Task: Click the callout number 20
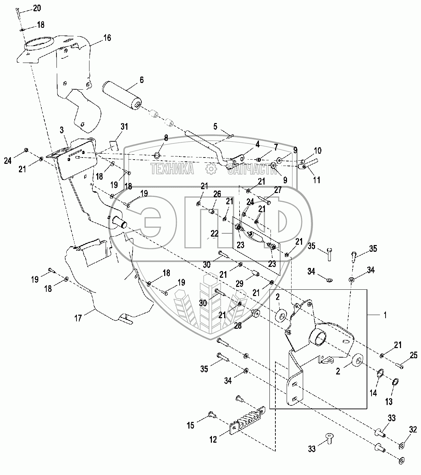pyautogui.click(x=37, y=8)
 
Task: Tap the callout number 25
pyautogui.click(x=414, y=356)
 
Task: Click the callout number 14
pyautogui.click(x=373, y=393)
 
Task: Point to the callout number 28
pyautogui.click(x=238, y=326)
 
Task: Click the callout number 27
pyautogui.click(x=278, y=190)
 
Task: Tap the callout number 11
pyautogui.click(x=317, y=180)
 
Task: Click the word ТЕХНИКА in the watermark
pyautogui.click(x=172, y=169)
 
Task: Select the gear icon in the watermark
pyautogui.click(x=210, y=169)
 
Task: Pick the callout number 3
pyautogui.click(x=62, y=130)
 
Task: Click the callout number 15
pyautogui.click(x=190, y=426)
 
